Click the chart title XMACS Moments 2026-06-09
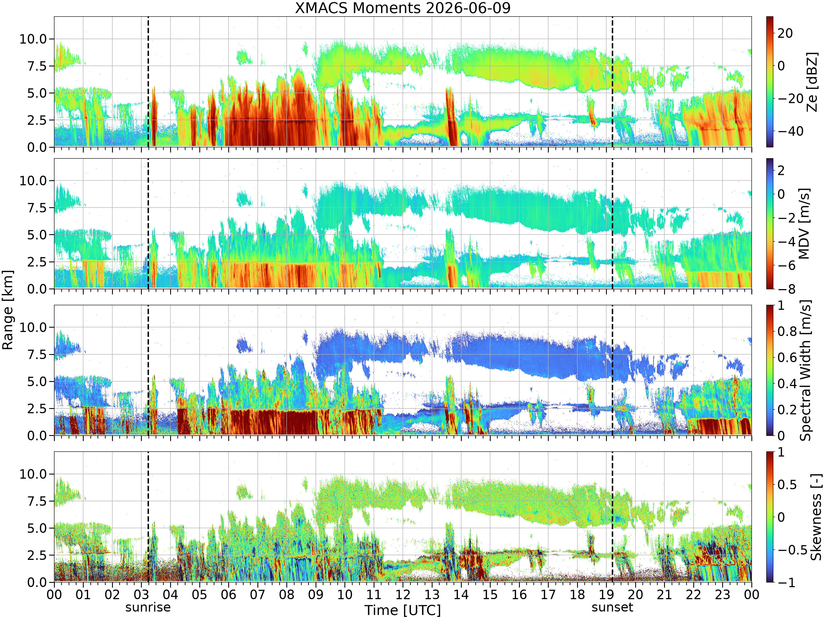[x=403, y=7]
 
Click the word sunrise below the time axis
[x=148, y=607]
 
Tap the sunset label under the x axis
[x=612, y=607]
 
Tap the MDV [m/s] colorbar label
[x=804, y=223]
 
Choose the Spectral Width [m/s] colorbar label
[x=805, y=370]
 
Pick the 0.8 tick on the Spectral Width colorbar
[x=787, y=331]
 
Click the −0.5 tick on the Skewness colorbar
[x=792, y=550]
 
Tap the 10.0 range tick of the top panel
[x=33, y=39]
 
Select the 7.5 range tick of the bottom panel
[x=37, y=501]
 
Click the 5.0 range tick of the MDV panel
[x=37, y=235]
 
